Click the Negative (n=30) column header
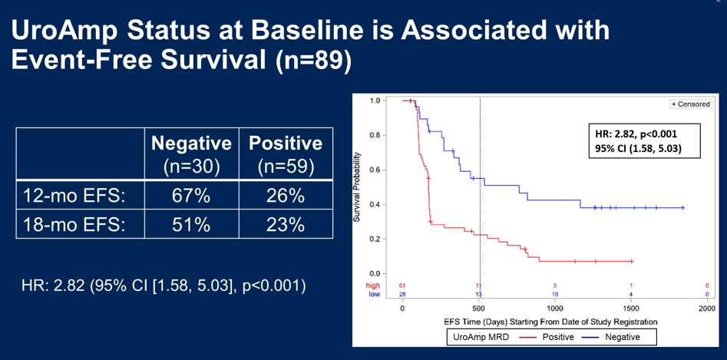[191, 154]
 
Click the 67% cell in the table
[191, 197]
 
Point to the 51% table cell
[191, 226]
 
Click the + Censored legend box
[690, 102]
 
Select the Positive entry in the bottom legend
[543, 336]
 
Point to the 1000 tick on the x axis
[555, 308]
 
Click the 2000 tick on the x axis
[706, 308]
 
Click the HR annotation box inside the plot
[643, 140]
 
